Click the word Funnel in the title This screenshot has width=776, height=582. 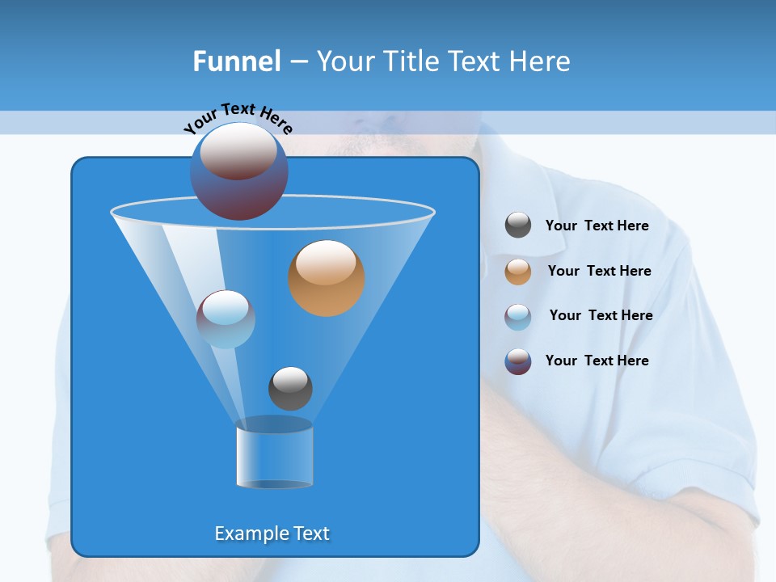pyautogui.click(x=236, y=61)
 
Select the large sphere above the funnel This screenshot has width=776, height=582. pyautogui.click(x=239, y=171)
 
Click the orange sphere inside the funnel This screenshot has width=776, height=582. pyautogui.click(x=327, y=278)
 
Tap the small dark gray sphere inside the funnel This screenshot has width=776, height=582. pyautogui.click(x=290, y=388)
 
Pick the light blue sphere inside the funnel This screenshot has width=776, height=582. pyautogui.click(x=226, y=319)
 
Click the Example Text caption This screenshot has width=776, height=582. pyautogui.click(x=272, y=533)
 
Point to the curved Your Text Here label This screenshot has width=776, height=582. pyautogui.click(x=238, y=118)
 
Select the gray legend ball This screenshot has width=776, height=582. pyautogui.click(x=518, y=226)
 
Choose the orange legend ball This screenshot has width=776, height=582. pyautogui.click(x=518, y=272)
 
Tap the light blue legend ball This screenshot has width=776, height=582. pyautogui.click(x=518, y=316)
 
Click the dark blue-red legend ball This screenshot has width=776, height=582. pyautogui.click(x=518, y=361)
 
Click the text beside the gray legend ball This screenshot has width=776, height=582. pyautogui.click(x=597, y=226)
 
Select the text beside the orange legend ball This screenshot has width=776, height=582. pyautogui.click(x=599, y=271)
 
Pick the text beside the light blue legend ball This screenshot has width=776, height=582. pyautogui.click(x=601, y=315)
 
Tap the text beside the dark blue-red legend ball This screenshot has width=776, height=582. pyautogui.click(x=597, y=361)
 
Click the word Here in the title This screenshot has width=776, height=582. pyautogui.click(x=542, y=61)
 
